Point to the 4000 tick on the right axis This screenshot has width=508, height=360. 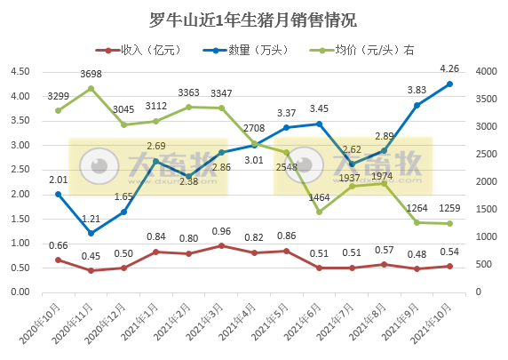(487, 72)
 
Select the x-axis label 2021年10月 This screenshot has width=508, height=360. (434, 324)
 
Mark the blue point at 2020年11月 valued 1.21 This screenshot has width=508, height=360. (91, 233)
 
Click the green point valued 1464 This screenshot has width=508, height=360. (319, 212)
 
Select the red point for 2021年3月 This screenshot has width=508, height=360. (221, 245)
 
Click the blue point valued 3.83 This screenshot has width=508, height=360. (417, 105)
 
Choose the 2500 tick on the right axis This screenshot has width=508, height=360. (487, 155)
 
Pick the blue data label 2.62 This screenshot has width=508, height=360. (352, 149)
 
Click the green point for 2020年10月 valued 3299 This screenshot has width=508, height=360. (58, 110)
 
